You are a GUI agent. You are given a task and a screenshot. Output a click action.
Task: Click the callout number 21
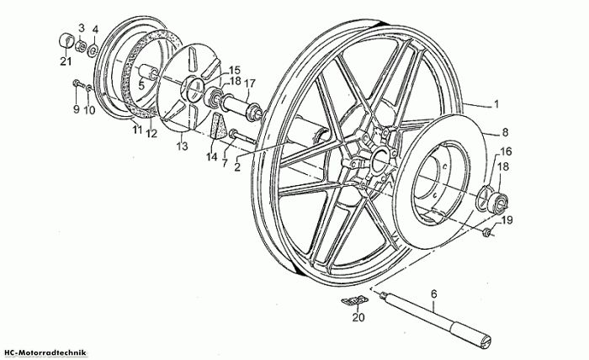pos(66,61)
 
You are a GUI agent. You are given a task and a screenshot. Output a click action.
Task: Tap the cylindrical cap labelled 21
pos(66,40)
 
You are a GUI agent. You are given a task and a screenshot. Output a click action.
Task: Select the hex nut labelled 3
pos(80,47)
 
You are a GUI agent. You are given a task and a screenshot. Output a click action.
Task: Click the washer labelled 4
pos(93,50)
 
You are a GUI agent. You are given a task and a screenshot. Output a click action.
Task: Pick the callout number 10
pos(89,110)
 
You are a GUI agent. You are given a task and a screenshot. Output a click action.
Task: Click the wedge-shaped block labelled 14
pos(219,128)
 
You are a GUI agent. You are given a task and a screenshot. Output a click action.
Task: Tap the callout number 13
pos(183,146)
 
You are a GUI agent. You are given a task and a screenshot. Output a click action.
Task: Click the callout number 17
pos(250,83)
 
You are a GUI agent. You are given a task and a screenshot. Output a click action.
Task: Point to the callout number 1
pos(496,104)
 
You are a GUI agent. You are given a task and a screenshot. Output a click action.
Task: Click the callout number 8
pos(505,132)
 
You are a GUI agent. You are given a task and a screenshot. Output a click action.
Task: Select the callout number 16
pos(506,151)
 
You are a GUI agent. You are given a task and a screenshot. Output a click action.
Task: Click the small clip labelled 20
pos(354,300)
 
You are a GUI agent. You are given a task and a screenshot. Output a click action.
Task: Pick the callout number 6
pos(434,294)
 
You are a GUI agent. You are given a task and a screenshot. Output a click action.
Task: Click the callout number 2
pos(237,167)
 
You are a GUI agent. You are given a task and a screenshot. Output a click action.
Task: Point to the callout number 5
pos(141,86)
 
